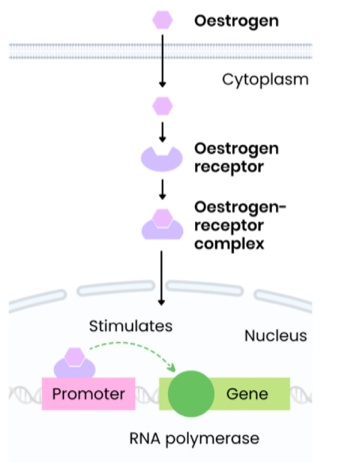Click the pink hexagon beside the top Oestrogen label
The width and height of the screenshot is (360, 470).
tap(162, 21)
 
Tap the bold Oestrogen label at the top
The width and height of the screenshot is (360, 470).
tap(236, 21)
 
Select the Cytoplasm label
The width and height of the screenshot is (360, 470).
tap(265, 79)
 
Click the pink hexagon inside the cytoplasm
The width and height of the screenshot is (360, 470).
tap(162, 104)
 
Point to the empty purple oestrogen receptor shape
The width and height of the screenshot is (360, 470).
tap(162, 158)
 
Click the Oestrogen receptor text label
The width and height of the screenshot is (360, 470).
tap(225, 158)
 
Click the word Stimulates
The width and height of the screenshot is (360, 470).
tap(130, 326)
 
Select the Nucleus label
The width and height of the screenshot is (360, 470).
tap(275, 335)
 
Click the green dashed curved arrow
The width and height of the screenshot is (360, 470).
tap(131, 346)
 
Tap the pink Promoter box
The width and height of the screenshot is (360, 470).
tap(88, 394)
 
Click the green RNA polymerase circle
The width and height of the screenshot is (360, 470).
tap(190, 394)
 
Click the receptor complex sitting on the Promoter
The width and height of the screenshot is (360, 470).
tap(74, 364)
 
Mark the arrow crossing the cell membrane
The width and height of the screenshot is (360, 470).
tap(162, 59)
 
